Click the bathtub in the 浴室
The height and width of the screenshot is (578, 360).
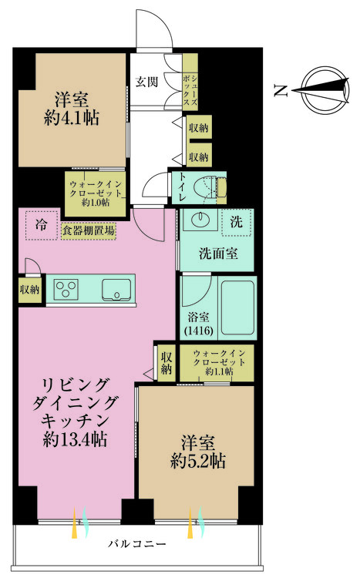click(x=235, y=307)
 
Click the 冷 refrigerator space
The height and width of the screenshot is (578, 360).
click(x=39, y=224)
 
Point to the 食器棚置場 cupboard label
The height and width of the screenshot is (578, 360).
click(x=88, y=230)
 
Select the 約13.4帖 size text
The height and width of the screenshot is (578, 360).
click(x=76, y=440)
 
